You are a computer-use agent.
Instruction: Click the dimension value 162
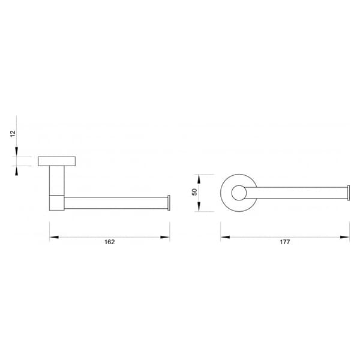(110, 242)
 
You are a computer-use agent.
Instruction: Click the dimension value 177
(284, 242)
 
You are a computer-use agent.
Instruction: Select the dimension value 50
(194, 192)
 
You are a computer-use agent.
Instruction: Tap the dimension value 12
(13, 134)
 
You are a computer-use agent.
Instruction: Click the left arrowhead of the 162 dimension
(54, 237)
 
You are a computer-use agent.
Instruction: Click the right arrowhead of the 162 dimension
(165, 237)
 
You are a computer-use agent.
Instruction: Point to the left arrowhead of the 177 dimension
(225, 237)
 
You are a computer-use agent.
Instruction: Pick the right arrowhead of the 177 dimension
(345, 237)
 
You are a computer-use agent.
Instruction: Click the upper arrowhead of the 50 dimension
(199, 179)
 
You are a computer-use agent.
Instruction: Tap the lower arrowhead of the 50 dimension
(199, 207)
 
